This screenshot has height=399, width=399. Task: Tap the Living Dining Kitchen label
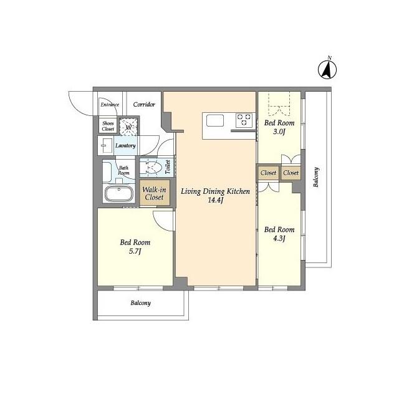tap(215, 191)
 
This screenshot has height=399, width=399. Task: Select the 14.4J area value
tap(215, 201)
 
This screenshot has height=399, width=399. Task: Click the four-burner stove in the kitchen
tap(243, 118)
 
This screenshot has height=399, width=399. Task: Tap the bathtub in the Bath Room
tap(118, 193)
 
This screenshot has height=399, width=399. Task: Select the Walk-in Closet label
tap(153, 193)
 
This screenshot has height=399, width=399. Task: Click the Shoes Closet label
tap(108, 126)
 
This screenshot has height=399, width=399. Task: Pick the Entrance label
tap(110, 105)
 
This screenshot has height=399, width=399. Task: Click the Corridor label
tap(144, 105)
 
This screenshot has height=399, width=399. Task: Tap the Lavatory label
tap(125, 146)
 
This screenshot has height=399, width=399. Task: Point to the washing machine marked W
tap(129, 127)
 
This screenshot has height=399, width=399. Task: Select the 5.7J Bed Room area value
tap(135, 252)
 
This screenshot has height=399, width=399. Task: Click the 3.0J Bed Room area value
tap(279, 132)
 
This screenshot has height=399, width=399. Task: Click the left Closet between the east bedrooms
tap(268, 173)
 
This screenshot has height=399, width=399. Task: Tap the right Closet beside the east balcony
tap(291, 173)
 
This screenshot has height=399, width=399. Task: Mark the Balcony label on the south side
tap(140, 304)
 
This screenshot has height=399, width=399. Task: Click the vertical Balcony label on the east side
tap(317, 178)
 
